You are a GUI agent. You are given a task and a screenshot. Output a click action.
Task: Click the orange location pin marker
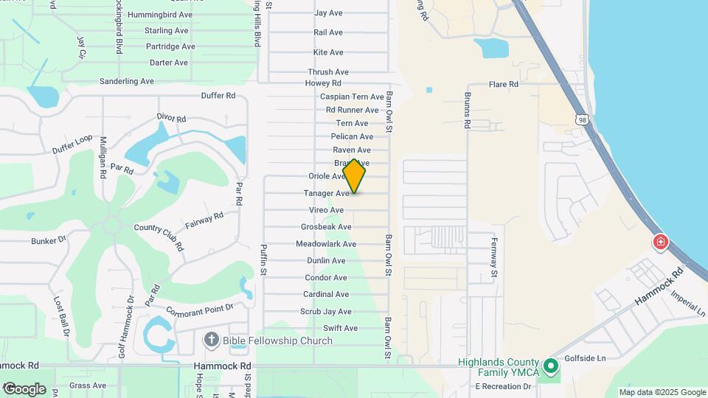click(355, 176)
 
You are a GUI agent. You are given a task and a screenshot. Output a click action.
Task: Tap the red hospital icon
click(660, 242)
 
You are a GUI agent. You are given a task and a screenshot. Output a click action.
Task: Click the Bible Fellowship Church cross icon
click(211, 340)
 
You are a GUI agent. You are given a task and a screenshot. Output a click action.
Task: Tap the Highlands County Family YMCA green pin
click(549, 366)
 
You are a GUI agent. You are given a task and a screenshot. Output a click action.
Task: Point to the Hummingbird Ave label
click(160, 15)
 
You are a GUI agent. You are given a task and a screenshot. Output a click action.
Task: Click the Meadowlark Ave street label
click(326, 244)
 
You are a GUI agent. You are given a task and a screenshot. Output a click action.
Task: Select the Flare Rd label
click(504, 85)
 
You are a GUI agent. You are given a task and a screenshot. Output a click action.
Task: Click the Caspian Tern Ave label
click(352, 97)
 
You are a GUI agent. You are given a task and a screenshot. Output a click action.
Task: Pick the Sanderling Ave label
click(126, 81)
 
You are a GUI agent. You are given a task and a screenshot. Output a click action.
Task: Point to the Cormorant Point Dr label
click(199, 309)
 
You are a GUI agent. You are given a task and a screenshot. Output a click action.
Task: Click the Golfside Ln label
click(585, 358)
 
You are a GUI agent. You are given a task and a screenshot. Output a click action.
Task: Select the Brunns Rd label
click(467, 111)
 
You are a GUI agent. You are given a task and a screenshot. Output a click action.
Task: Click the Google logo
click(24, 388)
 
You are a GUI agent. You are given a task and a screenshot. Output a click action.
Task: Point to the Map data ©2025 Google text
click(662, 392)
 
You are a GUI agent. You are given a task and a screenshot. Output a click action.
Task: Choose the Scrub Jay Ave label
click(327, 312)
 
